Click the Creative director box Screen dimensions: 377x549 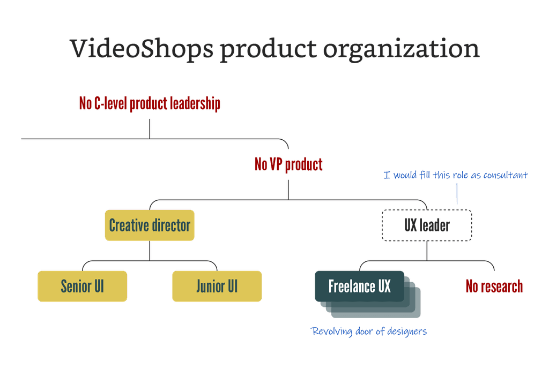click(150, 225)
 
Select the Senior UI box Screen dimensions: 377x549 click(82, 286)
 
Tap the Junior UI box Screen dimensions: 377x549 click(217, 286)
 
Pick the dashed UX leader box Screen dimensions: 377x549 click(427, 225)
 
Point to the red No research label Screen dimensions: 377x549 click(494, 286)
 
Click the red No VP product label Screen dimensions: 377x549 click(288, 164)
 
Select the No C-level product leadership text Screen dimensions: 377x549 click(150, 104)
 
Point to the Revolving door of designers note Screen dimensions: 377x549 click(369, 331)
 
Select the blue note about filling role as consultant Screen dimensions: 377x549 click(456, 175)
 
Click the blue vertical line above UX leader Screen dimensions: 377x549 click(457, 194)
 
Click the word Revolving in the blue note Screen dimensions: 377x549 click(331, 331)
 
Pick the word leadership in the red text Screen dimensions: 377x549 click(195, 104)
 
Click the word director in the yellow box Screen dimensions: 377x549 click(171, 225)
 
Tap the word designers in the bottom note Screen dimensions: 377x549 click(406, 331)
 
